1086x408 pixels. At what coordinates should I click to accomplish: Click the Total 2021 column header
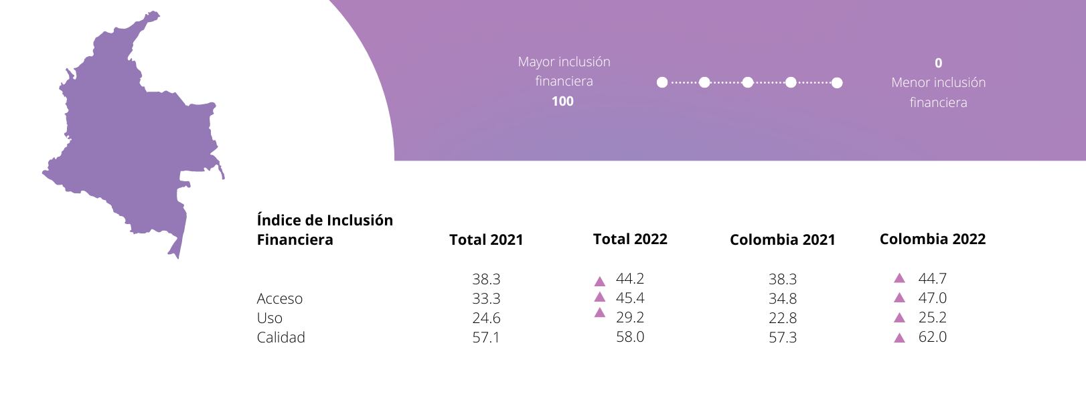486,239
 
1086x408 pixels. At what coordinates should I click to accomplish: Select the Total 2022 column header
630,239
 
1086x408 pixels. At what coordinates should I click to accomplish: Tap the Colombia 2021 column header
782,239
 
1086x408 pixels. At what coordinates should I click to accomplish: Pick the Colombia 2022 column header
932,239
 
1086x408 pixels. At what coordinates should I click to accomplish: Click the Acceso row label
279,298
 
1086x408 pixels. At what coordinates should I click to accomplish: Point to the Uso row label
269,318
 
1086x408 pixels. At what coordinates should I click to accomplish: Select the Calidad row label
281,337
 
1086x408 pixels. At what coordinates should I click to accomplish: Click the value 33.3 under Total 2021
486,298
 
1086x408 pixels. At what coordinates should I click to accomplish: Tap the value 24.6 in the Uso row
486,318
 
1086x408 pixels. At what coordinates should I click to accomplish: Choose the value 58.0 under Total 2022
630,336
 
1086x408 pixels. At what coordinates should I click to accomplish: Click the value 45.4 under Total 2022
630,298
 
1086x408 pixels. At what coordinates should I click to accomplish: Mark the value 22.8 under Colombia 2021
782,318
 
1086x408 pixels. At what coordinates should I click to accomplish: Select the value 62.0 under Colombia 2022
932,336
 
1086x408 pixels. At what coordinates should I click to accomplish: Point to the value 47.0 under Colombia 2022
932,298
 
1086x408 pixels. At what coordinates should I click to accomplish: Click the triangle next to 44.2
600,281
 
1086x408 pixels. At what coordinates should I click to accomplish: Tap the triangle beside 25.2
900,318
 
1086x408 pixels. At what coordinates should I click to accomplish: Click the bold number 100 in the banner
562,101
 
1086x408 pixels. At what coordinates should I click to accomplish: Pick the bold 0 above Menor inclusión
938,63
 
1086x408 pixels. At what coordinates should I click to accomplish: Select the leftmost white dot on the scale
662,82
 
